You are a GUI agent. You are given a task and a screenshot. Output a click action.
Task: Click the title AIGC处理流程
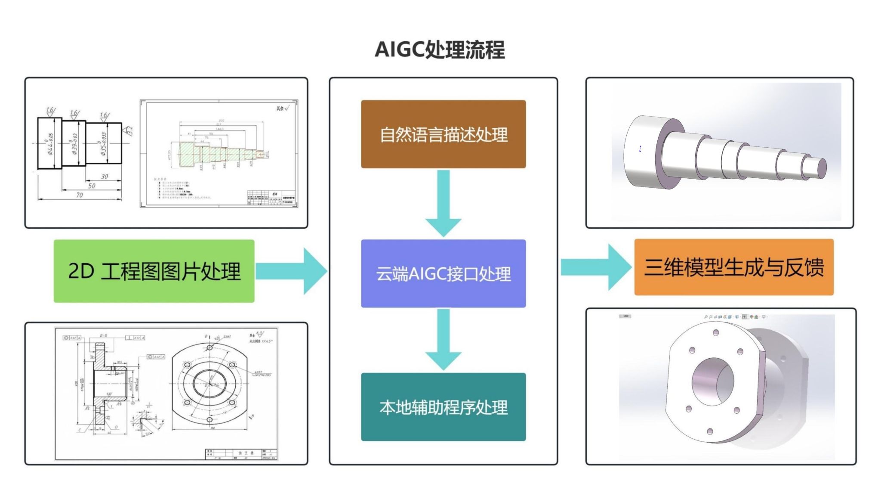point(440,50)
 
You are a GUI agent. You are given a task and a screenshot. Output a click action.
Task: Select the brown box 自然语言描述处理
point(443,134)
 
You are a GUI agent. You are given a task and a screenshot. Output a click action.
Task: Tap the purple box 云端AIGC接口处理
point(443,273)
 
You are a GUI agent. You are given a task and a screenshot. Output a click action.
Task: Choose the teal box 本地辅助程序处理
point(443,407)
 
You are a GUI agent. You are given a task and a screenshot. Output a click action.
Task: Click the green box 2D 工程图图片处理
point(154,271)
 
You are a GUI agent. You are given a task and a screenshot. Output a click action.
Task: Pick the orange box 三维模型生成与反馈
point(733,267)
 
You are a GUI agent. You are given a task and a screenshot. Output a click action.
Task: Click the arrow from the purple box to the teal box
point(444,340)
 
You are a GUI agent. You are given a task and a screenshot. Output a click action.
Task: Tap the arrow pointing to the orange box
point(596,267)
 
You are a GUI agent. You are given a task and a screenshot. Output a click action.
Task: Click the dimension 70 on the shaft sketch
point(80,195)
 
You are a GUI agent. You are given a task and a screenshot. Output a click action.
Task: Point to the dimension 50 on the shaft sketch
point(92,186)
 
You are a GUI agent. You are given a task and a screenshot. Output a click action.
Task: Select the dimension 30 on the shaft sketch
point(104,177)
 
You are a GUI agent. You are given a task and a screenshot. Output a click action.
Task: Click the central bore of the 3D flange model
point(712,381)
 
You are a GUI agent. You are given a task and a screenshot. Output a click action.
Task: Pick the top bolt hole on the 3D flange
point(716,332)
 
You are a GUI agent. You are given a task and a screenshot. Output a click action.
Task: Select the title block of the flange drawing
point(241,455)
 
